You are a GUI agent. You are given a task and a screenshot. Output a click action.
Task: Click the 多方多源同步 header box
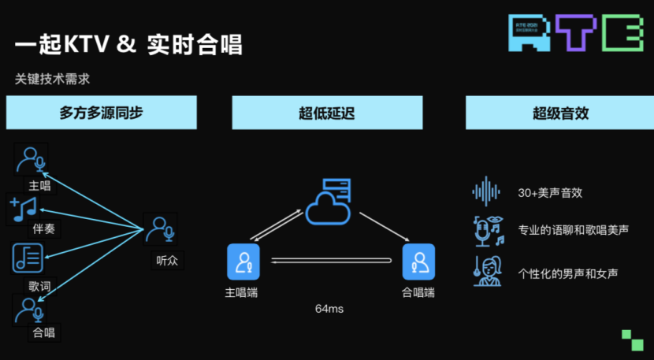tap(101, 113)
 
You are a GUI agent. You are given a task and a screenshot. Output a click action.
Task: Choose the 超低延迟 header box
tap(326, 113)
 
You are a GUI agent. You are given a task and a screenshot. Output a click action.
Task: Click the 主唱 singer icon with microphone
tap(32, 160)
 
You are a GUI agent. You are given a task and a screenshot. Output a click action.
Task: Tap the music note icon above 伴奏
tap(24, 208)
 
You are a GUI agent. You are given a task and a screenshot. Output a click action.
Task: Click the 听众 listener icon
tap(160, 228)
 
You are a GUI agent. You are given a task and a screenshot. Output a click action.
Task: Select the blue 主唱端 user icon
tap(243, 262)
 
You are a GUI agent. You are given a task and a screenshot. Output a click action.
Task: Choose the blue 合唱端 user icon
tap(418, 262)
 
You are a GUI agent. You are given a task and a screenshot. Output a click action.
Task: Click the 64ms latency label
tap(329, 309)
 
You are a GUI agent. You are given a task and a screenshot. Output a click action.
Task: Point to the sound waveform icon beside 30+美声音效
tap(486, 191)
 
